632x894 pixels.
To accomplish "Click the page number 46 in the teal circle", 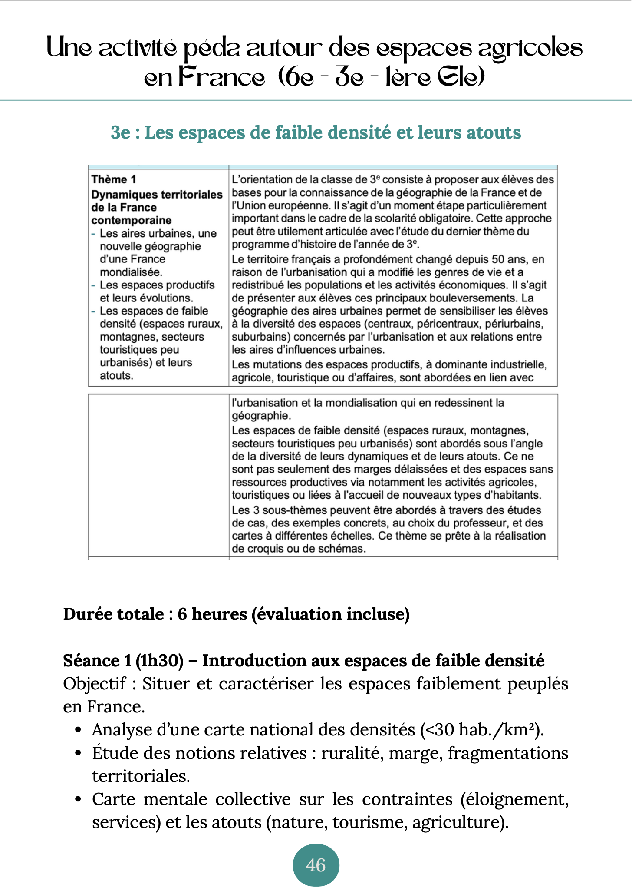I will click(316, 865).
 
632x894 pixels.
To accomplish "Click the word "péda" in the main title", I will click(211, 49).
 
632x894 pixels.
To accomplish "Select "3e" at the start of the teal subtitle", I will click(120, 132).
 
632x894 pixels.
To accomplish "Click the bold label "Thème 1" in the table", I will click(114, 179).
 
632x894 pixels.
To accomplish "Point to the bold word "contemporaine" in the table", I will click(131, 220).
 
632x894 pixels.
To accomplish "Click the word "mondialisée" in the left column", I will click(131, 272).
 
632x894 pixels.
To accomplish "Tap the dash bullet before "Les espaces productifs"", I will click(93, 285).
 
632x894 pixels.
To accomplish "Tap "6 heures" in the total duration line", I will click(212, 614).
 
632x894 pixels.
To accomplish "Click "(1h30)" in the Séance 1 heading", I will click(159, 661).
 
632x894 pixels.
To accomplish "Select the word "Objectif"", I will click(95, 684).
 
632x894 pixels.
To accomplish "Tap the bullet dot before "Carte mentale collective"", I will click(78, 799).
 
